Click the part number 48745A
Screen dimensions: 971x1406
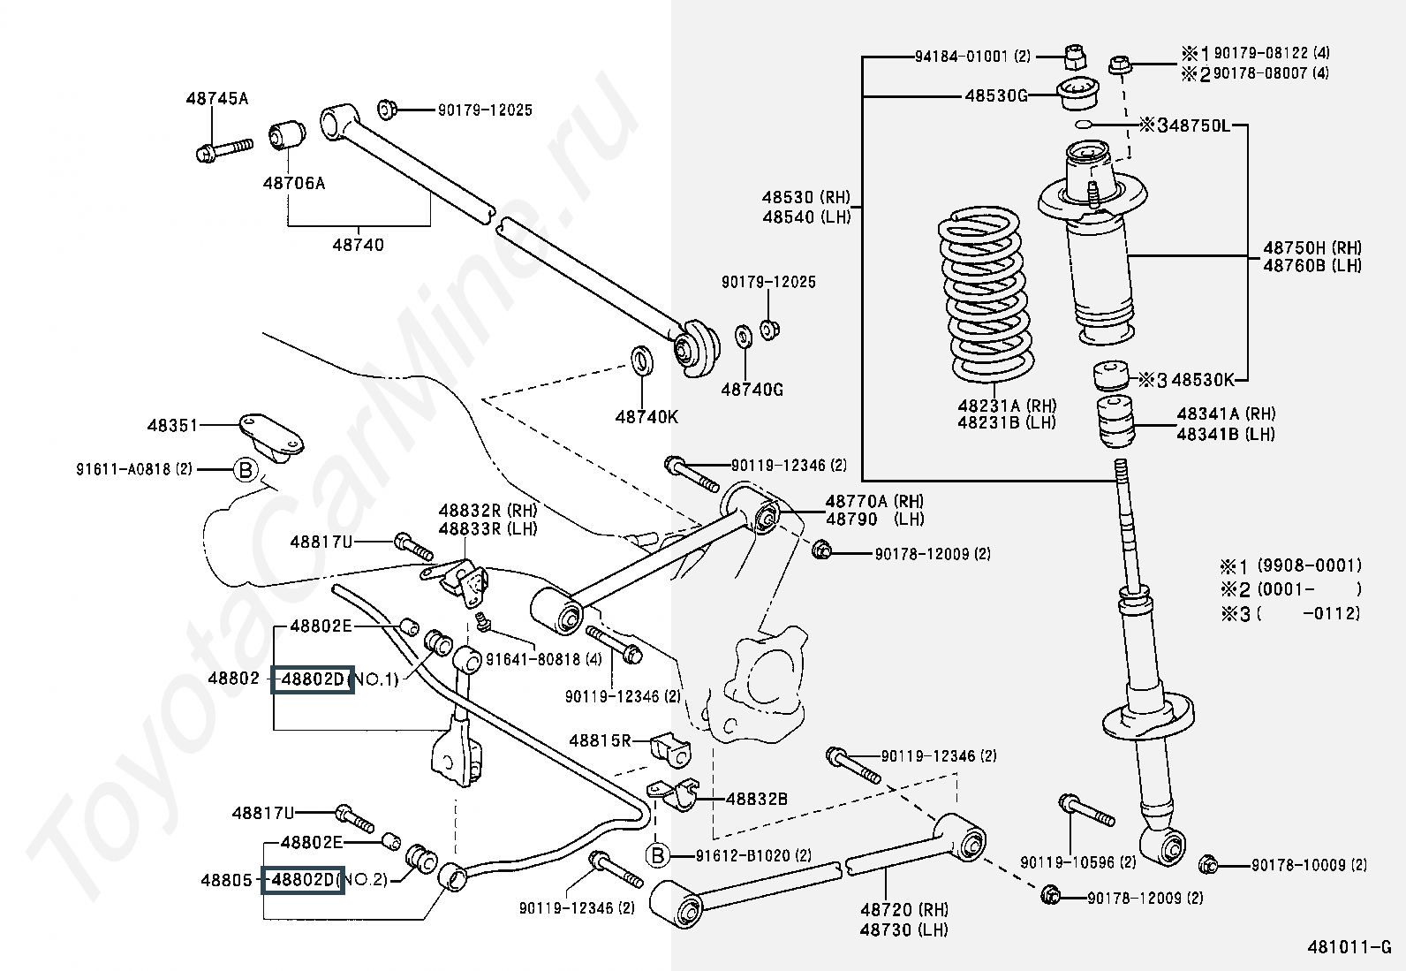tap(216, 99)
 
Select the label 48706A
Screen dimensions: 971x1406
tap(293, 184)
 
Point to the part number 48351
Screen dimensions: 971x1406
tap(173, 426)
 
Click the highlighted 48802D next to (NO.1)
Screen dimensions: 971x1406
tap(312, 679)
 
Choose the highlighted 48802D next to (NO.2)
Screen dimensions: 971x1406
tap(303, 880)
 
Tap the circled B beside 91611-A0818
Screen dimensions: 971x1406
tap(246, 470)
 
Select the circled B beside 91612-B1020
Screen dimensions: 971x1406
tap(657, 855)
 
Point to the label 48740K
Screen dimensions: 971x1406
tap(646, 416)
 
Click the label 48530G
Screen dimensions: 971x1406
tap(995, 95)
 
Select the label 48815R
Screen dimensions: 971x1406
tap(600, 740)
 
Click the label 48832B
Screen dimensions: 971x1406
tap(756, 799)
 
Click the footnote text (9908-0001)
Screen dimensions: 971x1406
tap(1309, 565)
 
